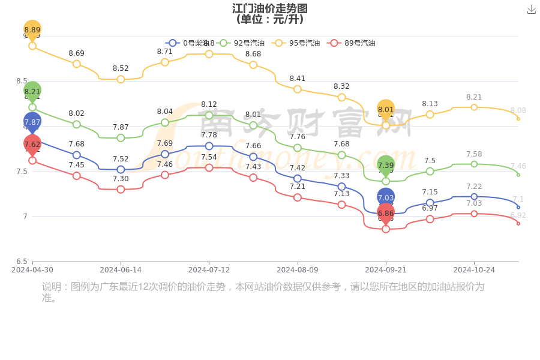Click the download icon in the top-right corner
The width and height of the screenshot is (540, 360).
click(x=531, y=10)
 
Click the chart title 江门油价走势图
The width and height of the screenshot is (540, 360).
click(x=270, y=8)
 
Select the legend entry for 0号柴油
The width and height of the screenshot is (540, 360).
click(x=186, y=43)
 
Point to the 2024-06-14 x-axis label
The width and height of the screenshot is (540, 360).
click(x=121, y=270)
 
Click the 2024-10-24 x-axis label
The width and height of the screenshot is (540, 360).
click(x=474, y=270)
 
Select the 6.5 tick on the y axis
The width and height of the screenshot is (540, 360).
click(x=22, y=262)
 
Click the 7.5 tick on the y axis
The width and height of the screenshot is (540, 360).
click(x=22, y=172)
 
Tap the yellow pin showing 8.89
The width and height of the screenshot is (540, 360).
click(x=32, y=30)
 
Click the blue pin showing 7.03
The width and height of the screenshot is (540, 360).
click(x=386, y=197)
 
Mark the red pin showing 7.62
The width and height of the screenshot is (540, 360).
click(x=32, y=144)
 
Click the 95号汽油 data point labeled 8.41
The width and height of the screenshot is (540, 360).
click(x=298, y=89)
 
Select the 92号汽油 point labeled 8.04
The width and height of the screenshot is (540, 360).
click(x=165, y=122)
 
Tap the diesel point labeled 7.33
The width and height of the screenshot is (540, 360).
click(x=341, y=187)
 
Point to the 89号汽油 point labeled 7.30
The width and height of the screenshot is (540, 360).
click(x=121, y=189)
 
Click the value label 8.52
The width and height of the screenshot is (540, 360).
click(x=121, y=68)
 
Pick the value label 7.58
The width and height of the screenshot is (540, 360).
click(x=474, y=154)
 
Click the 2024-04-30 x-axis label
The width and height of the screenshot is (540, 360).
click(x=32, y=270)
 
